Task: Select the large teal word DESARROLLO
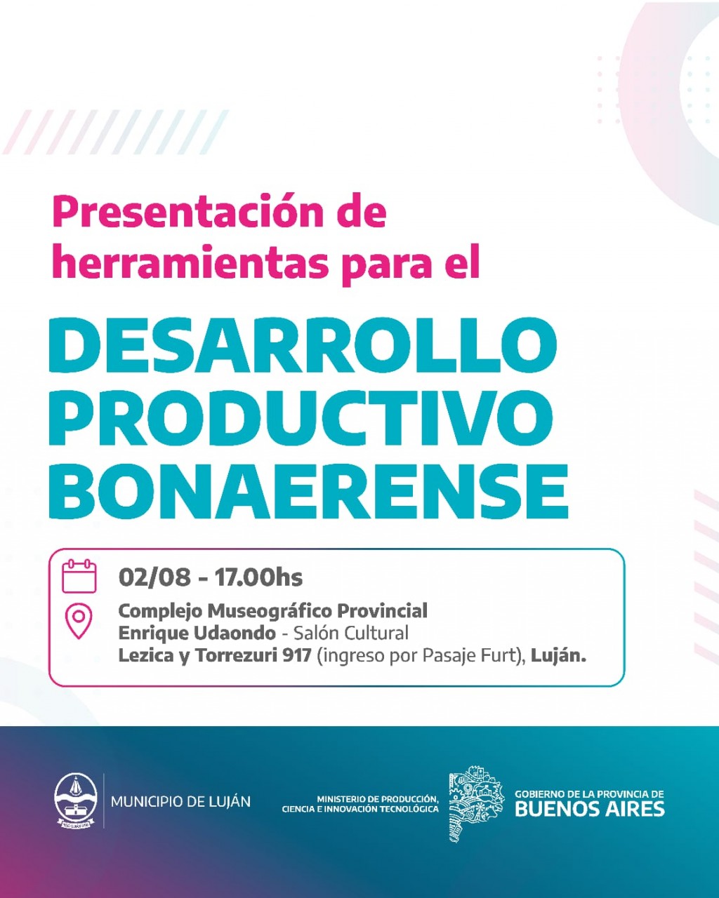(303, 345)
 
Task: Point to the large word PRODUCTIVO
(301, 419)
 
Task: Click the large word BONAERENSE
(308, 492)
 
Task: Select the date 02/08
(154, 577)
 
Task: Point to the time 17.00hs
(258, 577)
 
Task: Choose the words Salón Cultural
(351, 634)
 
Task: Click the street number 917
(296, 656)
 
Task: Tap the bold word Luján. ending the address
(558, 656)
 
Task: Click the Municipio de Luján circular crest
(76, 800)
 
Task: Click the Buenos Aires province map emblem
(476, 803)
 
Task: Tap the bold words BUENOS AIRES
(590, 809)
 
